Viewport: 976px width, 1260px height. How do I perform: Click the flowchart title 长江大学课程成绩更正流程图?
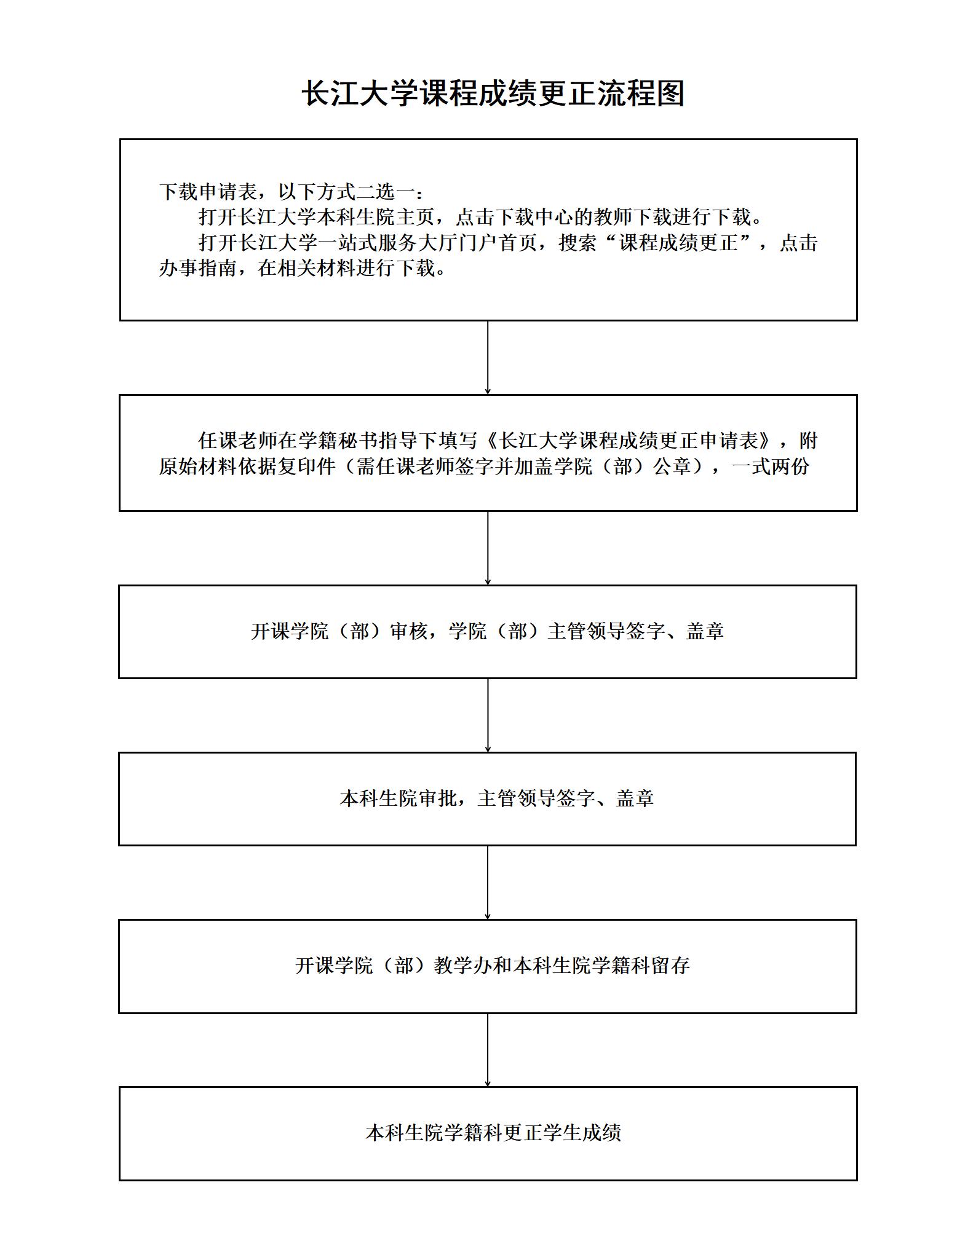(493, 94)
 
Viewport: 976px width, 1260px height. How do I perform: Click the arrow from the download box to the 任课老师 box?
(488, 358)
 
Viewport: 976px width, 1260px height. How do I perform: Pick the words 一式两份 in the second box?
(771, 467)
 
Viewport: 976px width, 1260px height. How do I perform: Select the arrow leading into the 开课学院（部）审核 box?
(488, 548)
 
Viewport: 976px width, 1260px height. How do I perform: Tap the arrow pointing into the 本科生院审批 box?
(488, 715)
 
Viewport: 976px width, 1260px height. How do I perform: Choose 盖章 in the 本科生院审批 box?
(635, 798)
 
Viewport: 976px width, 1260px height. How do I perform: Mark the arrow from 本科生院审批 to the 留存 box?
(488, 883)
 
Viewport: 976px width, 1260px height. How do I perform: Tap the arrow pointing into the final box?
(488, 1050)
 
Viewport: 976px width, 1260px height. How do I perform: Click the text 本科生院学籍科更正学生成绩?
(493, 1133)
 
